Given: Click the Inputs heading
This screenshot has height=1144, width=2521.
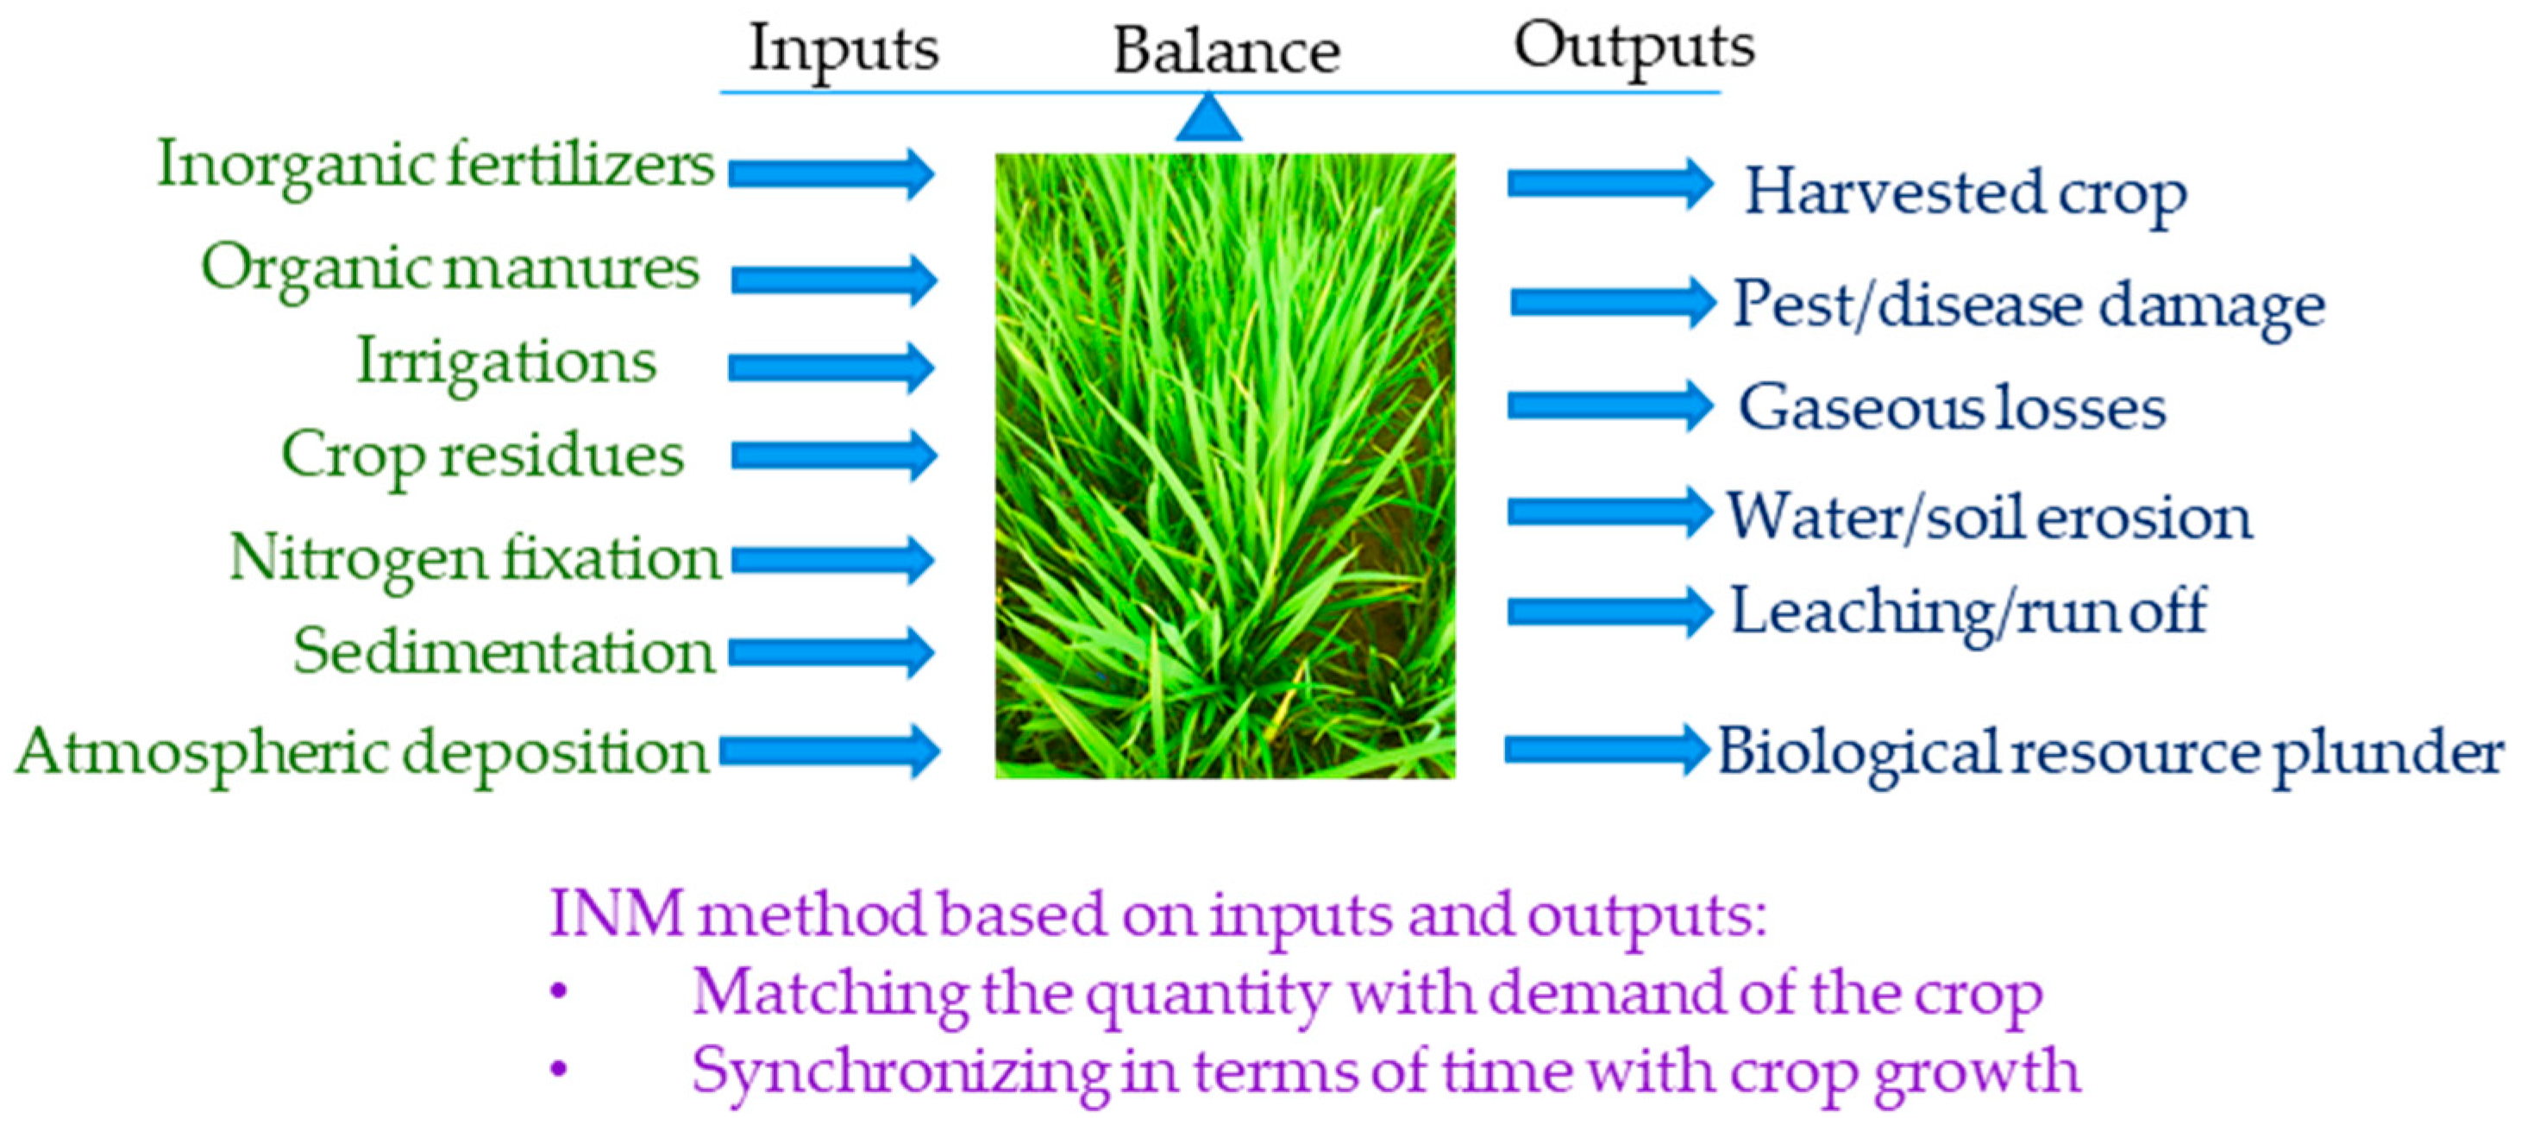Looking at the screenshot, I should click(x=843, y=49).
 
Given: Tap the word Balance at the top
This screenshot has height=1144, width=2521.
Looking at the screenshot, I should click(x=1226, y=51).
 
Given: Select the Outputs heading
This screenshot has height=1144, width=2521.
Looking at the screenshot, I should click(x=1634, y=47).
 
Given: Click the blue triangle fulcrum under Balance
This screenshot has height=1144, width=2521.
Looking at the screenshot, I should click(x=1208, y=118).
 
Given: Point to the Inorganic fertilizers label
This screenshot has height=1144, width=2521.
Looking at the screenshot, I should click(x=436, y=166).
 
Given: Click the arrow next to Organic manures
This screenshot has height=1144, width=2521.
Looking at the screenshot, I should click(x=833, y=280).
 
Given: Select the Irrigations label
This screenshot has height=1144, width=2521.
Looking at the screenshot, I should click(x=506, y=363).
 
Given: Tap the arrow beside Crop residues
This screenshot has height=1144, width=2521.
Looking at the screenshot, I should click(x=833, y=455).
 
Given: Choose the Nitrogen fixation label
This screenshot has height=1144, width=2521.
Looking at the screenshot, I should click(x=474, y=559).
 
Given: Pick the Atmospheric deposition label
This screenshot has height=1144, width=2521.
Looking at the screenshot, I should click(x=361, y=753).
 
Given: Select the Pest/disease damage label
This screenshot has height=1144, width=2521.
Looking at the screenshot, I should click(x=2028, y=305).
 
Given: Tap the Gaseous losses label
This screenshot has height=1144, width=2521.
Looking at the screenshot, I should click(x=1952, y=408).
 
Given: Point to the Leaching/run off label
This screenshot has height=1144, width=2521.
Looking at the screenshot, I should click(x=1968, y=613).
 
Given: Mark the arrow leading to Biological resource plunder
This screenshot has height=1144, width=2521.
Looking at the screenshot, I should click(x=1606, y=750).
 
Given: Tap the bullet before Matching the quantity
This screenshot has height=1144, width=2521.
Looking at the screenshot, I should click(x=559, y=991).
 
